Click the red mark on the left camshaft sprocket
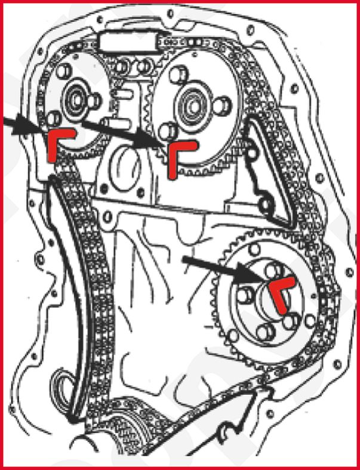[x=57, y=143]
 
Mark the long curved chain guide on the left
[x=67, y=286]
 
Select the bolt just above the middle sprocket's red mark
[x=169, y=131]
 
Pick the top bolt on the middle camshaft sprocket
[x=177, y=76]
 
